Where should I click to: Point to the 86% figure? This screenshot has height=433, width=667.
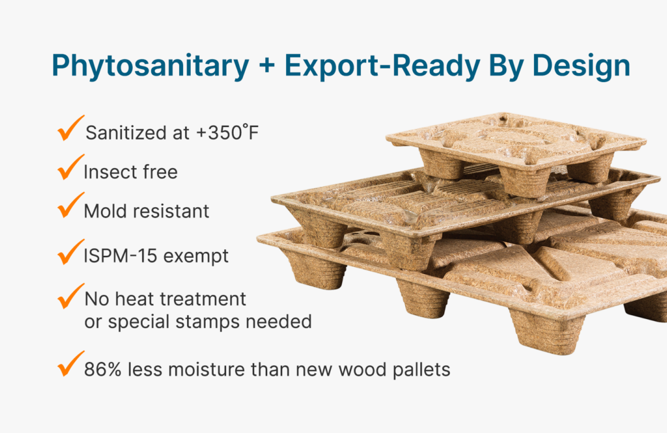point(99,369)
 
